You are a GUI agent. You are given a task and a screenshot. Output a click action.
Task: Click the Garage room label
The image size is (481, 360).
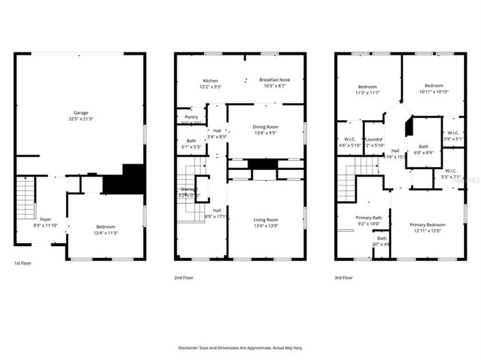point(81,112)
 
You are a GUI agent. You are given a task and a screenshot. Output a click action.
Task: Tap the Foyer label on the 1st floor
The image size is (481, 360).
point(46,220)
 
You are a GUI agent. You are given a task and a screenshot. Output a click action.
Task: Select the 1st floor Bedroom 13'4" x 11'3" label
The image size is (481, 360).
point(105,227)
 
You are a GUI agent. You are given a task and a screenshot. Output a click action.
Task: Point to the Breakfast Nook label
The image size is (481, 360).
point(272,79)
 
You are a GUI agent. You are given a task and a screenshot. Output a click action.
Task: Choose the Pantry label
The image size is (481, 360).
point(191,117)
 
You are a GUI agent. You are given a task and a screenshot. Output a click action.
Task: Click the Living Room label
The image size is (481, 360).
point(266,220)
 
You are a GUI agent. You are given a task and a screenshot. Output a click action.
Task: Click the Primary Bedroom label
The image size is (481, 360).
point(427,224)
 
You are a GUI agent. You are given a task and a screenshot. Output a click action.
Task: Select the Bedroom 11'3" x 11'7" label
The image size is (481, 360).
point(368,87)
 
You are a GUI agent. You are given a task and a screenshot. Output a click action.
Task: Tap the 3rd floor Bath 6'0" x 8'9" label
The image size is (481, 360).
point(424,146)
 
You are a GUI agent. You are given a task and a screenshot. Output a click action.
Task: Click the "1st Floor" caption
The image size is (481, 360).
point(23,262)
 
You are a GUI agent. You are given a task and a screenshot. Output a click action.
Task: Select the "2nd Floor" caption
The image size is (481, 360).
point(184,277)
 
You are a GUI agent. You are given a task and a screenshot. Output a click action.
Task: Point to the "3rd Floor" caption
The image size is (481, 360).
point(343,277)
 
